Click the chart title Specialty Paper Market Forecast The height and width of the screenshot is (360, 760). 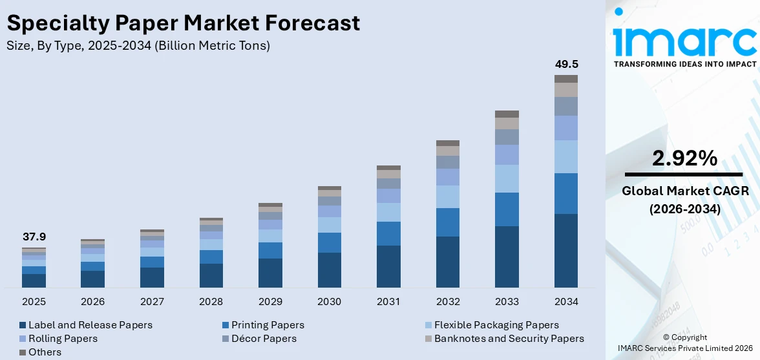click(183, 23)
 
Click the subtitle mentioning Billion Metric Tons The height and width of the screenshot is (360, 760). click(138, 46)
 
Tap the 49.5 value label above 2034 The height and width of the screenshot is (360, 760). click(566, 65)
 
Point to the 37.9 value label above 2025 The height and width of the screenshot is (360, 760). click(34, 237)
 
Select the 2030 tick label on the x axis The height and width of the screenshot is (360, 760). click(330, 302)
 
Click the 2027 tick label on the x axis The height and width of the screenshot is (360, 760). click(152, 302)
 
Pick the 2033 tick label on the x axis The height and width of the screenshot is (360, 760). click(507, 302)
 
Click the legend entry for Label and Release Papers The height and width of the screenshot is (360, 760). click(90, 325)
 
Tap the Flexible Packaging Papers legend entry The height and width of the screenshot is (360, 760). click(496, 325)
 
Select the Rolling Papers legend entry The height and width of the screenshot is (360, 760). click(63, 339)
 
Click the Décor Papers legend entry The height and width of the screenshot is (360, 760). click(264, 339)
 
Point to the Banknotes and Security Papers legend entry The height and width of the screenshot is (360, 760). click(509, 339)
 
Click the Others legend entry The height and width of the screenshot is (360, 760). click(45, 352)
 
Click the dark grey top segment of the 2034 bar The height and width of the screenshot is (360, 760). click(566, 79)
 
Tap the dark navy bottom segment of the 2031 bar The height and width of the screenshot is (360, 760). click(388, 266)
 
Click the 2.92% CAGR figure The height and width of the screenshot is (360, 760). click(684, 158)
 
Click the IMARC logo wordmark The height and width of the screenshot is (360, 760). click(684, 40)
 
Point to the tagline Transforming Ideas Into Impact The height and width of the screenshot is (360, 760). click(684, 64)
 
